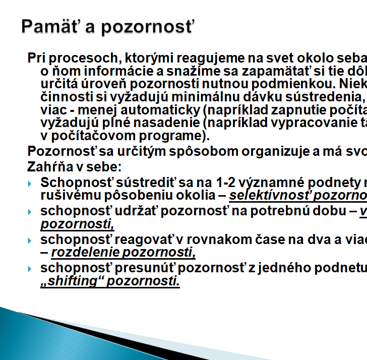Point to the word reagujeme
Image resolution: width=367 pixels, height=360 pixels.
pos(210,58)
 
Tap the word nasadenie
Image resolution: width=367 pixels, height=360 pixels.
pos(166,123)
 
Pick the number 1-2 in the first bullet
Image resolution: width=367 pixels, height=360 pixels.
pos(225,183)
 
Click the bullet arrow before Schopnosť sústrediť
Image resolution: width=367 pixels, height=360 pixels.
pos(29,184)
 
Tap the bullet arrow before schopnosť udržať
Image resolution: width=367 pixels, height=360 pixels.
pos(29,212)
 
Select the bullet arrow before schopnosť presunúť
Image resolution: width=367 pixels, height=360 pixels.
pos(29,269)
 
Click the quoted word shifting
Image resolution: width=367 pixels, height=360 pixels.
pos(72,281)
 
